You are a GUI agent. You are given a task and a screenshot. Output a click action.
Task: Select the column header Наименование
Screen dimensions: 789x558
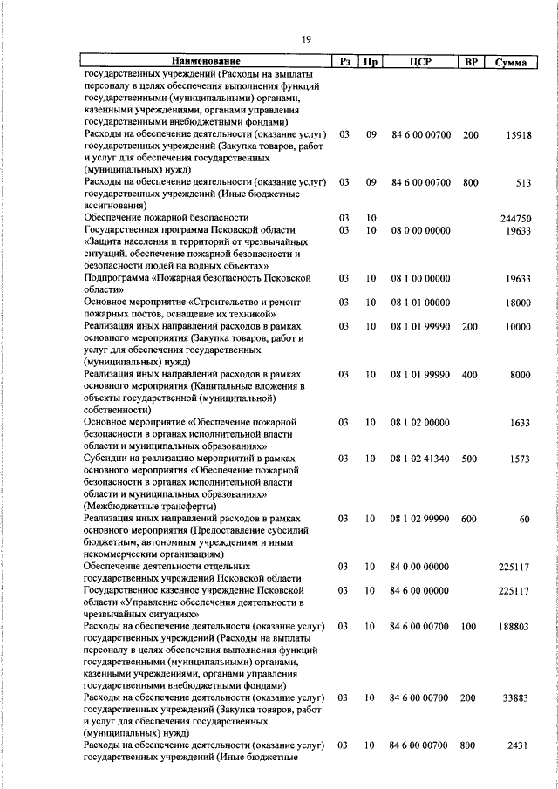click(x=206, y=62)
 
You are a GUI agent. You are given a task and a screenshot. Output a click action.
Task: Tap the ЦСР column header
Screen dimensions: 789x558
click(x=419, y=62)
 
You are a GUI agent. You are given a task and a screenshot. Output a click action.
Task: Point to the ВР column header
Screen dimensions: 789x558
click(x=471, y=62)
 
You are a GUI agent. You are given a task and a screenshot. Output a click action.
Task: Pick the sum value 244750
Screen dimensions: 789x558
click(x=515, y=218)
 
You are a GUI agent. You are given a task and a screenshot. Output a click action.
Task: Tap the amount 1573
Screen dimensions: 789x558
click(x=518, y=458)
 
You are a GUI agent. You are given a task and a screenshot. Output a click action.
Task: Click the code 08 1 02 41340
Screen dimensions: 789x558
click(x=420, y=458)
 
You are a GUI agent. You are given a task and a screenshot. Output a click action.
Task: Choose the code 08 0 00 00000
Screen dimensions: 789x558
click(x=420, y=229)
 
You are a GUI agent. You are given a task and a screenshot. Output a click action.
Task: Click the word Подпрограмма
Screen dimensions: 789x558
click(x=117, y=278)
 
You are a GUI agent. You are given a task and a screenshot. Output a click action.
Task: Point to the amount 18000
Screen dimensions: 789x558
click(x=518, y=303)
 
